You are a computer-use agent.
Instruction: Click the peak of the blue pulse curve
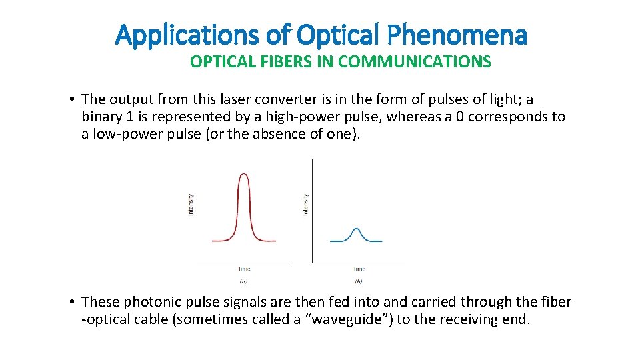357,229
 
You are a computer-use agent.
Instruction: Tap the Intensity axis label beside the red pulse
191,204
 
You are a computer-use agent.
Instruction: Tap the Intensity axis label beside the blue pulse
305,204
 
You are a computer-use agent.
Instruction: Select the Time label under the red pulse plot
244,269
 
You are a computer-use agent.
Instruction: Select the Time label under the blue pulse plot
359,269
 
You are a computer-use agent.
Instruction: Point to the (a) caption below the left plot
244,281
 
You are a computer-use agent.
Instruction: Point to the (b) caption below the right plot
359,281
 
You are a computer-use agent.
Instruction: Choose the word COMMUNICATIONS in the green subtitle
414,62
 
